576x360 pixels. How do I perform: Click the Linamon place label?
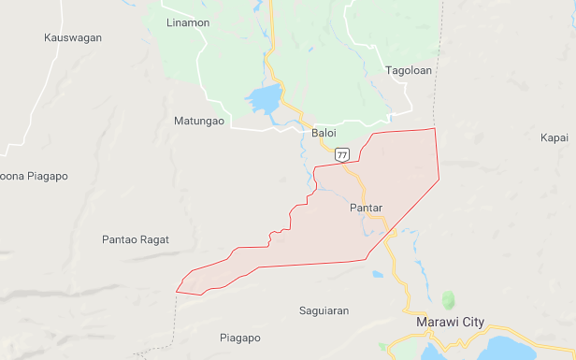[186, 22]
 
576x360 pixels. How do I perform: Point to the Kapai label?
[554, 137]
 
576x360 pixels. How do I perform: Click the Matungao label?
[199, 121]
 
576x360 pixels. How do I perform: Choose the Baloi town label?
[323, 134]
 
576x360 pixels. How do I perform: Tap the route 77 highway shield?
[342, 154]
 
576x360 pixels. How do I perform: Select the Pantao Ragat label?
[136, 239]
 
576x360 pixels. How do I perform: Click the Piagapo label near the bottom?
[239, 338]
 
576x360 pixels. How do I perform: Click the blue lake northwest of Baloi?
[263, 98]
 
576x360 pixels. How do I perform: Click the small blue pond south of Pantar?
[377, 275]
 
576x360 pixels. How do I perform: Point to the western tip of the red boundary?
[177, 291]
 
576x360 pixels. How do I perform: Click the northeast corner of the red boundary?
[435, 130]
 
